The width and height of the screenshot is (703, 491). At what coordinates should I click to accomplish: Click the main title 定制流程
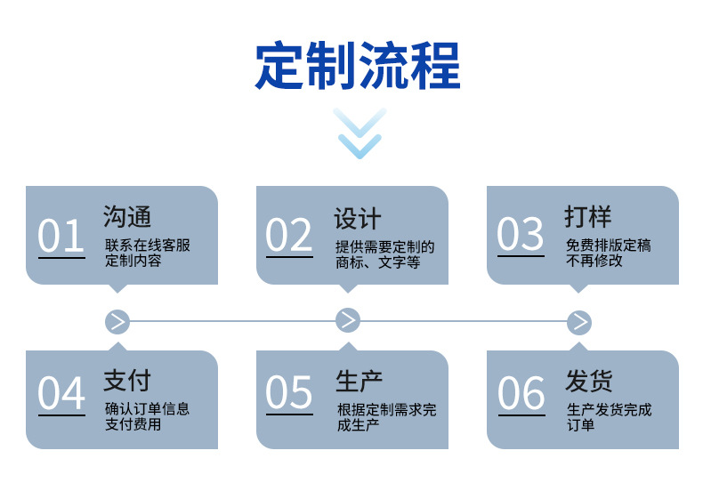[358, 66]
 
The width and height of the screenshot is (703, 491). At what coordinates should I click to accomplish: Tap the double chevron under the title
[360, 133]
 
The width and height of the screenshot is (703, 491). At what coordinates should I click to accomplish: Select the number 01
[61, 235]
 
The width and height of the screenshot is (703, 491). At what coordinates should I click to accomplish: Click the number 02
[288, 235]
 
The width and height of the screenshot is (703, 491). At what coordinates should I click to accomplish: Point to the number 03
[520, 233]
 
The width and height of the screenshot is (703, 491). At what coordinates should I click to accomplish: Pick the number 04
[61, 392]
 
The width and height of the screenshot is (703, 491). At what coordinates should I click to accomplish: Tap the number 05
[288, 392]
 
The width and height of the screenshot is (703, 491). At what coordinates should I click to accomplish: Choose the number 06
[521, 392]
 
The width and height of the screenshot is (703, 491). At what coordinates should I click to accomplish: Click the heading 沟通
[127, 217]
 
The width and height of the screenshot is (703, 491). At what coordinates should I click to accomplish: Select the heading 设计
[358, 219]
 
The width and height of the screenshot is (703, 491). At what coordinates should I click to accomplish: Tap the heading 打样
[588, 216]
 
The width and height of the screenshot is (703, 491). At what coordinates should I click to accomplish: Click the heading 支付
[127, 381]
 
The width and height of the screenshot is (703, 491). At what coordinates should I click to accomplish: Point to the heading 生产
[360, 382]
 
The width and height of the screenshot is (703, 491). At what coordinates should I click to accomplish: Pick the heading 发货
[589, 381]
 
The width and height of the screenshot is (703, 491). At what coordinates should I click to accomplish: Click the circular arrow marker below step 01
[117, 322]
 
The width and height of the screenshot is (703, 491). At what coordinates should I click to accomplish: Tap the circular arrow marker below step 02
[348, 320]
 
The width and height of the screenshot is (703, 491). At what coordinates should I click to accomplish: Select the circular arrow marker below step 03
[579, 322]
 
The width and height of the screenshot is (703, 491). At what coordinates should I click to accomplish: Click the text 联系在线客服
[148, 245]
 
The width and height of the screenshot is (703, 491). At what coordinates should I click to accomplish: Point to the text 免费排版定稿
[609, 245]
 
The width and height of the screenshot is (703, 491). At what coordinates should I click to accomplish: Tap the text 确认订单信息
[148, 408]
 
